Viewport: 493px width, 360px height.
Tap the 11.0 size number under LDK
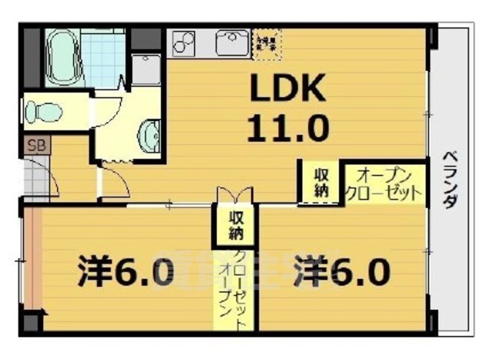point(287,126)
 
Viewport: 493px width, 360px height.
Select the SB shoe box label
point(35,144)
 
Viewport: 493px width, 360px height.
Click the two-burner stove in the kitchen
point(184,42)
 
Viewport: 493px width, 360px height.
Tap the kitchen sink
point(232,42)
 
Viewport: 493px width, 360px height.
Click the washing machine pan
point(146,69)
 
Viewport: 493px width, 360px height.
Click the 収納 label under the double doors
point(236,224)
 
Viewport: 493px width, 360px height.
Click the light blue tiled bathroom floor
point(103,57)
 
